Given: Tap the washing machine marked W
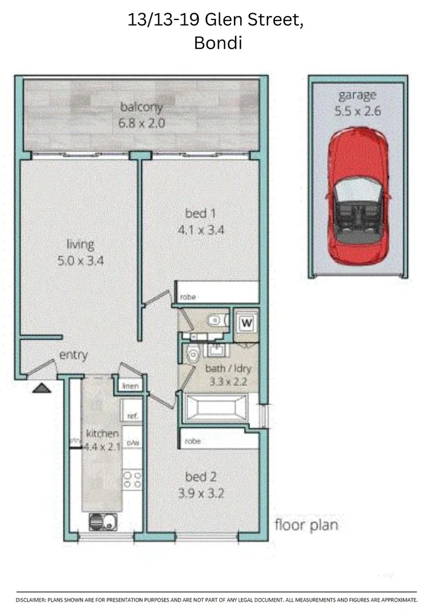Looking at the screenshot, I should tap(247, 323).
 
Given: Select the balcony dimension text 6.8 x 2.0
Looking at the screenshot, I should tap(142, 122).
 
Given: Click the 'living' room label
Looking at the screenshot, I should tap(80, 245).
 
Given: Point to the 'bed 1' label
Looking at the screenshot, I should tap(199, 214).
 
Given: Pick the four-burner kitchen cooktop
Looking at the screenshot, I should tap(132, 479).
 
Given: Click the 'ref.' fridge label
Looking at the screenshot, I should tap(132, 416).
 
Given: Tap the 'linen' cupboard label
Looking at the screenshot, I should tap(131, 386).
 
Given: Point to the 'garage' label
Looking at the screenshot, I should tap(357, 95).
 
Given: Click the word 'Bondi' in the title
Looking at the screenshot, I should tap(218, 43).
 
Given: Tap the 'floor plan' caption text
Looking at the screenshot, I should tap(306, 525).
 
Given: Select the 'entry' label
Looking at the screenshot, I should tap(74, 355).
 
